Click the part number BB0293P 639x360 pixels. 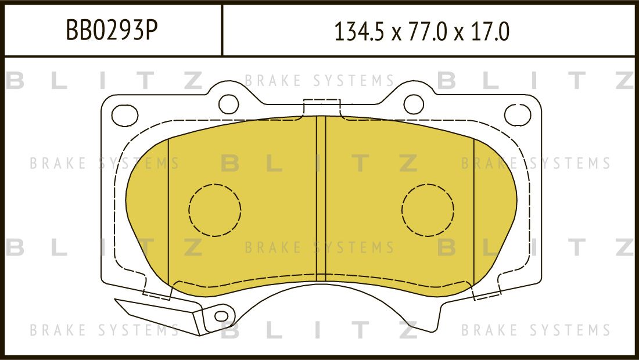pos(112,30)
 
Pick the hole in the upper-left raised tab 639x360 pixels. pos(228,104)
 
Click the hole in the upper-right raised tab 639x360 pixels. pos(413,104)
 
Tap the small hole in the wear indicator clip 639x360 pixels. pos(221,316)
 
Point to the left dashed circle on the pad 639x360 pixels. pos(215,210)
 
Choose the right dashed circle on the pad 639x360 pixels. pos(428,210)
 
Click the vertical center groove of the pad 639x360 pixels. pos(321,197)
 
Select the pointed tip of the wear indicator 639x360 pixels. pos(118,301)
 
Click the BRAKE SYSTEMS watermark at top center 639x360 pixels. pos(319,81)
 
